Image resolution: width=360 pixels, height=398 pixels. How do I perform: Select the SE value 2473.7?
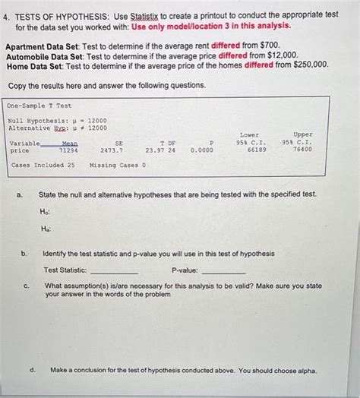(111, 150)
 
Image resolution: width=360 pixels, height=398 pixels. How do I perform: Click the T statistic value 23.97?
(155, 150)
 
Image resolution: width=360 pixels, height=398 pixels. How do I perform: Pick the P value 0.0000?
(203, 150)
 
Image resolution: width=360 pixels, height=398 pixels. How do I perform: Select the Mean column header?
(69, 143)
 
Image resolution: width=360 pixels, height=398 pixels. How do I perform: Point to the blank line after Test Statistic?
(114, 271)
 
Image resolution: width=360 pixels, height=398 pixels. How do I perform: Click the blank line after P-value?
(223, 271)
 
